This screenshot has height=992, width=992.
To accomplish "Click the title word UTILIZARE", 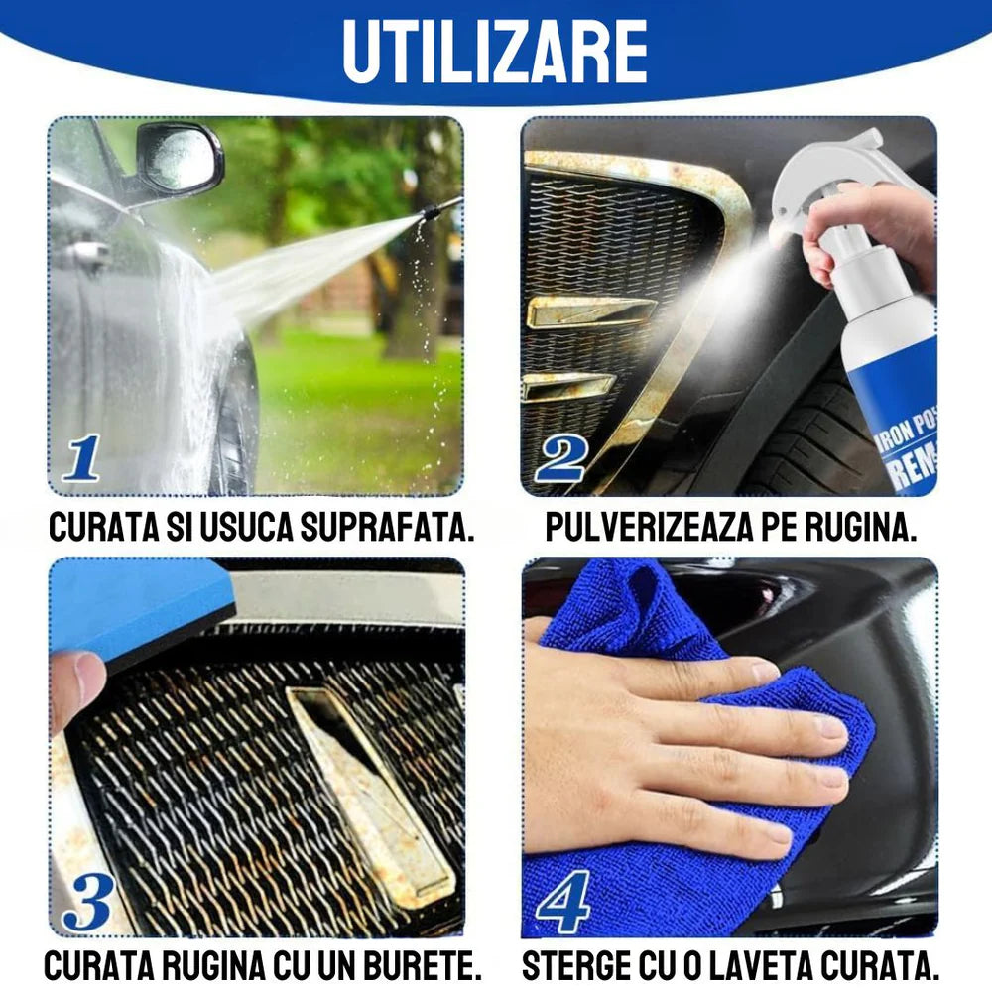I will [495, 51].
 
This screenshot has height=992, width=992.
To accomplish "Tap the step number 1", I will [81, 459].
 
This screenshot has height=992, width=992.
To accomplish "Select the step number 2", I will [560, 458].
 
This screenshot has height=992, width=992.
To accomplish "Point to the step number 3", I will [87, 901].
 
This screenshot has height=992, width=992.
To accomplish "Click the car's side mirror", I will [180, 159].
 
